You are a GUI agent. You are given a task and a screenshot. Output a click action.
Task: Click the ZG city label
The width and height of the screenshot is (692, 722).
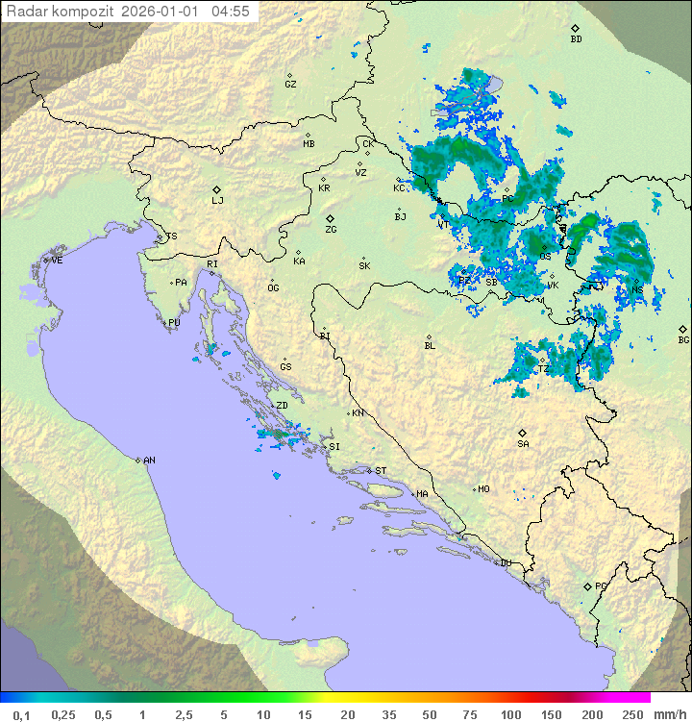[331, 230]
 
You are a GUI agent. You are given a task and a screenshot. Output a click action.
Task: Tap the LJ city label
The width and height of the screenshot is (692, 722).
[217, 201]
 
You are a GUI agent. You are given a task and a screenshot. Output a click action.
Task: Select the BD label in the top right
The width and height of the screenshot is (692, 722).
[576, 39]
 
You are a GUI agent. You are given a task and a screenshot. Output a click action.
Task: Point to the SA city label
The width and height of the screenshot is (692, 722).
[523, 444]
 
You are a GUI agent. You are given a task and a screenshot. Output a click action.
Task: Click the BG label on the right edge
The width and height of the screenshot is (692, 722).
[683, 339]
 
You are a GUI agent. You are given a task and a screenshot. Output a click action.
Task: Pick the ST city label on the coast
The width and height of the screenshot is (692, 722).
[381, 471]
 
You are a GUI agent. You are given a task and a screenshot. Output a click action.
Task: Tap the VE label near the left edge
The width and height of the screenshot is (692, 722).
[57, 261]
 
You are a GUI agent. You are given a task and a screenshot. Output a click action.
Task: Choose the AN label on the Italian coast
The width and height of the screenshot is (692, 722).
[149, 461]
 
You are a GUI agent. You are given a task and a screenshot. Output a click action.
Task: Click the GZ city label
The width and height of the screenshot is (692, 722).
[290, 85]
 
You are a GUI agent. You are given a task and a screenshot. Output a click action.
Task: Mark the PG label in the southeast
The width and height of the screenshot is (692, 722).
[601, 586]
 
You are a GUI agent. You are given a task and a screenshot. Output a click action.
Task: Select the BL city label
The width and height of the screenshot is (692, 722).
[430, 346]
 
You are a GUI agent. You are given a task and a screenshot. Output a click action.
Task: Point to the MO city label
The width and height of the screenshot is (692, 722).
[483, 489]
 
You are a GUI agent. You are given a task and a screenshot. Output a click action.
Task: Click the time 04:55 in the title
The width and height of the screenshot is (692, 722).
[231, 12]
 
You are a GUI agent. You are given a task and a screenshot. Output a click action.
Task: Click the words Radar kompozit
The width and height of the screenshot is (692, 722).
[62, 12]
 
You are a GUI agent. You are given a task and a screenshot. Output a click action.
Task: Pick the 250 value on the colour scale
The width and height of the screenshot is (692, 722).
[631, 714]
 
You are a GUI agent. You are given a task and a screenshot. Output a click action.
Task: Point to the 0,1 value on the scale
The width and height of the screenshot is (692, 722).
[22, 714]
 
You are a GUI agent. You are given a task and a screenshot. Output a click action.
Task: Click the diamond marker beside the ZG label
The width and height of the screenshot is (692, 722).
[330, 219]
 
